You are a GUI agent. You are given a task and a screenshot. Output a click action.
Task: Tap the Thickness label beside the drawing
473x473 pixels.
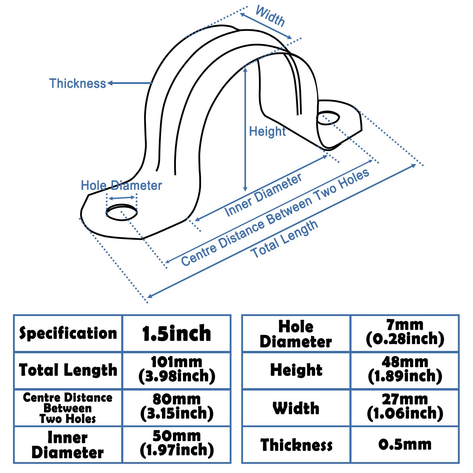[77, 83]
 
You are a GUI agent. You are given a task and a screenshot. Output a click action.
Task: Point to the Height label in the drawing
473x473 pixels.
[267, 131]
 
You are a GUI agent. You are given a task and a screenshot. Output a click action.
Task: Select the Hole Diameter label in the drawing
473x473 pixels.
[121, 186]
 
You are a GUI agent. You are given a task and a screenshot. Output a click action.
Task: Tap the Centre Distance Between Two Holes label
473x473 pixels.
[275, 218]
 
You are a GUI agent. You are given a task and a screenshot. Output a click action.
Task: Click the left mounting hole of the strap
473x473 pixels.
[122, 212]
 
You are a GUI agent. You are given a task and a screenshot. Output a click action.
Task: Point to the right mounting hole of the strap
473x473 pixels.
[328, 118]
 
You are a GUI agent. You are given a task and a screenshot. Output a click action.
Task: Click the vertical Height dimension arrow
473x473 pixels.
[245, 130]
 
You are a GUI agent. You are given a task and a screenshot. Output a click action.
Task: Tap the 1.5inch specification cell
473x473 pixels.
[176, 333]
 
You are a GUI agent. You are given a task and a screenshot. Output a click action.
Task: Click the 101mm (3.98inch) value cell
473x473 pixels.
[176, 370]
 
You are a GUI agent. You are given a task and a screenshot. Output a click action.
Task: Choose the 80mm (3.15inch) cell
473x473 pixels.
[176, 407]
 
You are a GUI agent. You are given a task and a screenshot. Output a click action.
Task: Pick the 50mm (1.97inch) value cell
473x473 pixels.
[176, 444]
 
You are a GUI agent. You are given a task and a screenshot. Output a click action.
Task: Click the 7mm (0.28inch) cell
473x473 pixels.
[405, 333]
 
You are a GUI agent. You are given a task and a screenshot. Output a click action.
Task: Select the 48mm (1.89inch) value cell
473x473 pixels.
[405, 370]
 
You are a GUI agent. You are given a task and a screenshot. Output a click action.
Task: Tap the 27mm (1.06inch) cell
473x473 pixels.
[405, 407]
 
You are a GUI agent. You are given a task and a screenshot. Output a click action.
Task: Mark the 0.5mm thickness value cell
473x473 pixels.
[405, 445]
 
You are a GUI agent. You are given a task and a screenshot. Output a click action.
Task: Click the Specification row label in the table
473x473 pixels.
[68, 333]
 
